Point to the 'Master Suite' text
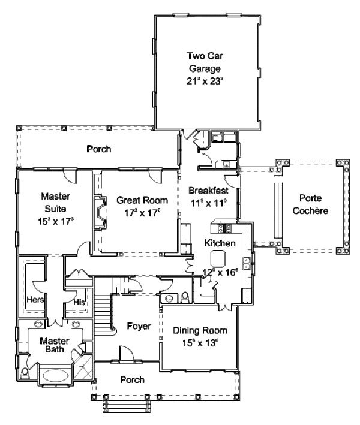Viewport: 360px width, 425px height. (x=57, y=202)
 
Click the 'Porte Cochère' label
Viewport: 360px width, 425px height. (x=313, y=205)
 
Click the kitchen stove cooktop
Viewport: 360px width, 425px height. (x=228, y=227)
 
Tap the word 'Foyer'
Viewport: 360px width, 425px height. (x=138, y=326)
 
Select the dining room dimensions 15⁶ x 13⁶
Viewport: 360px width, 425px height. (x=197, y=343)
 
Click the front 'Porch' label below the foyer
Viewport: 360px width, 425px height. (x=131, y=379)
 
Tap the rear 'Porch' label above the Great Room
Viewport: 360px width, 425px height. (x=98, y=149)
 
